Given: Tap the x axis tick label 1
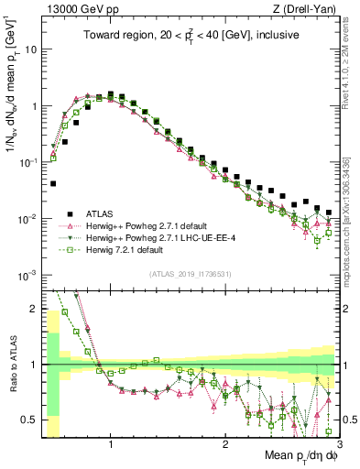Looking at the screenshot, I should click(x=111, y=444).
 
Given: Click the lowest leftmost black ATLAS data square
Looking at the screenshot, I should click(x=53, y=184).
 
